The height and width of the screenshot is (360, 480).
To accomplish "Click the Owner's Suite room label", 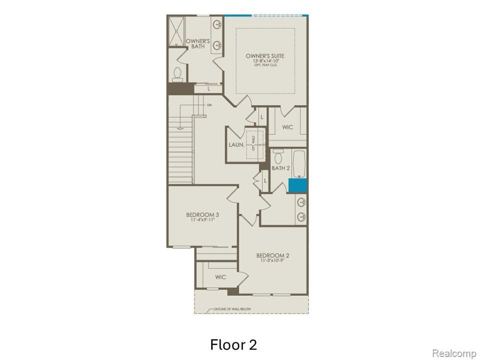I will click(x=265, y=56).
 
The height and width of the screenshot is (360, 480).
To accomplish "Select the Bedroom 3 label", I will click(x=202, y=214).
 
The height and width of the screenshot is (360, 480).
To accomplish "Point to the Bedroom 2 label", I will click(x=273, y=255).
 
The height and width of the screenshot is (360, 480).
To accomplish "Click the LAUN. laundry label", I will click(x=236, y=144).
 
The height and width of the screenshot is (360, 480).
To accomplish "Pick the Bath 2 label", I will click(x=280, y=168).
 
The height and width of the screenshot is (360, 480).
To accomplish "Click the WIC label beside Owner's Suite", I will click(x=287, y=127).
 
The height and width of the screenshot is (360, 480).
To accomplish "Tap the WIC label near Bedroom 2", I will click(x=220, y=277).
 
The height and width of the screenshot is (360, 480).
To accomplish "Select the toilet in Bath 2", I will click(x=278, y=155).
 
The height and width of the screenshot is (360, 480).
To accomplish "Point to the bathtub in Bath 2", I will click(x=299, y=163).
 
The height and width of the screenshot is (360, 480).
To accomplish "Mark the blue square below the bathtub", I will click(x=298, y=185).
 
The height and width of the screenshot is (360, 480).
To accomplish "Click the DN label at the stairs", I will click(x=209, y=105).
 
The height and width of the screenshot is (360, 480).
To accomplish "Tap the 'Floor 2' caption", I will click(x=233, y=344).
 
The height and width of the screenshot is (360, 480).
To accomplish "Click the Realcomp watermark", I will click(x=453, y=353).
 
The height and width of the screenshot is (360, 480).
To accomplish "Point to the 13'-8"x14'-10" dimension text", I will click(x=265, y=61).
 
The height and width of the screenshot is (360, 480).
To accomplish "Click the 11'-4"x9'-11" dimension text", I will click(x=202, y=219).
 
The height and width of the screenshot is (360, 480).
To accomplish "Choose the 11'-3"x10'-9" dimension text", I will click(x=273, y=260).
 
